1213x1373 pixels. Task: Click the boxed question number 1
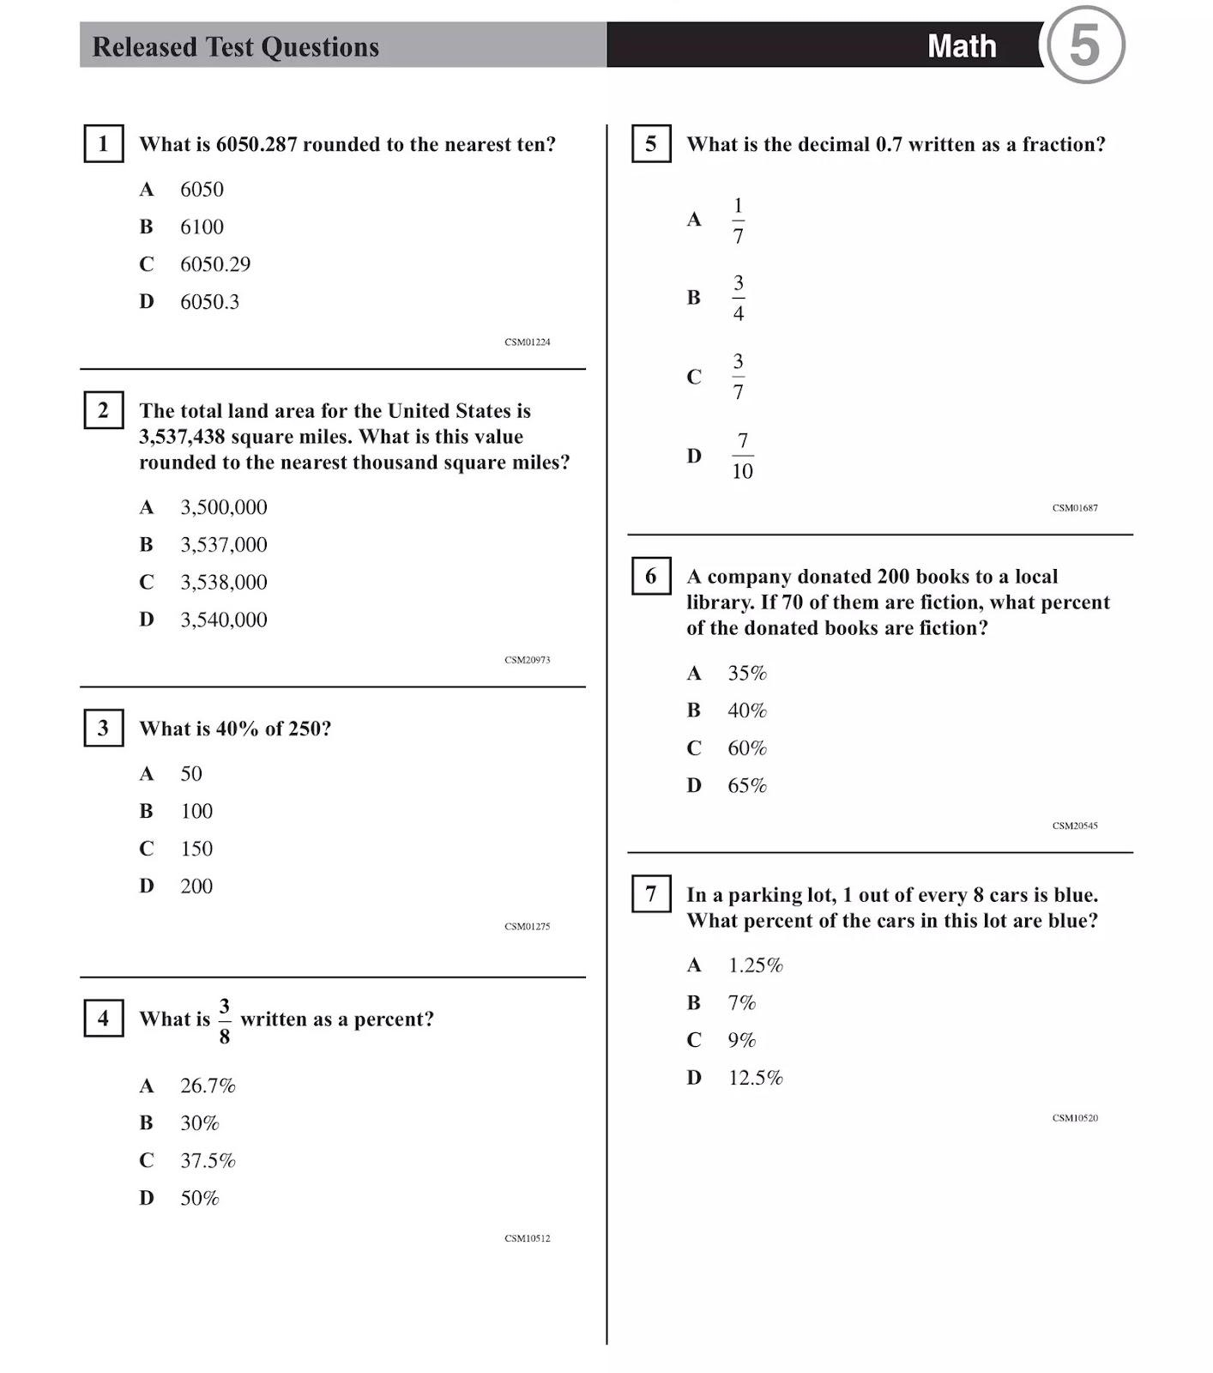(103, 143)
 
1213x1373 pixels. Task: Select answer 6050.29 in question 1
(214, 264)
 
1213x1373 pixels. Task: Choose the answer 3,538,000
(223, 583)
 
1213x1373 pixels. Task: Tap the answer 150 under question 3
(196, 849)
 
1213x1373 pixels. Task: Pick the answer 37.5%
(208, 1161)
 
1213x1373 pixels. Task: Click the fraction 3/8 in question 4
(225, 1020)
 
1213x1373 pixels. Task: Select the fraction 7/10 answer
(742, 456)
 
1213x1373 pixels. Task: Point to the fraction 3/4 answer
(738, 298)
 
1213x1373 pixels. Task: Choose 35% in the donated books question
(747, 674)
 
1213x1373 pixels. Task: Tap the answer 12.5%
(755, 1078)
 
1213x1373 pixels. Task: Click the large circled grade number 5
(1085, 45)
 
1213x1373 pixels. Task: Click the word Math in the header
(962, 46)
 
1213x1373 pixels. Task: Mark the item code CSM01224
(528, 342)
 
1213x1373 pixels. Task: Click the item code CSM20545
(1075, 826)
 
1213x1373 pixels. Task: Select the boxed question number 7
(651, 894)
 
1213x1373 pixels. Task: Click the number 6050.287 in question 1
(256, 144)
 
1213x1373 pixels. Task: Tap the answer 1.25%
(755, 965)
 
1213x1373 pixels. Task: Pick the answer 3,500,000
(223, 507)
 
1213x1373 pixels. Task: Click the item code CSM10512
(528, 1238)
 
